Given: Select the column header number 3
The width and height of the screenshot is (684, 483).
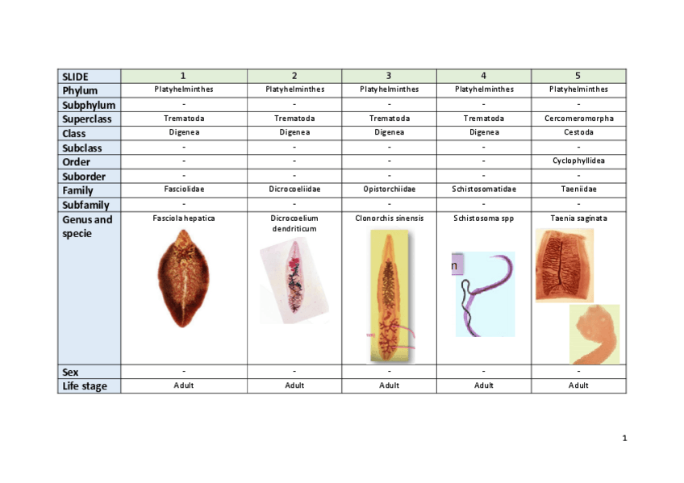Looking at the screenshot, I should click(x=389, y=76).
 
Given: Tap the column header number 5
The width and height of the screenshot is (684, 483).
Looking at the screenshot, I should click(x=578, y=76).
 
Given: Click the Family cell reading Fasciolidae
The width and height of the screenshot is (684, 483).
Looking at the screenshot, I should click(x=184, y=189).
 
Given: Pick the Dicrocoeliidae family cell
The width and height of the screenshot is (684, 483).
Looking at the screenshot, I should click(x=294, y=189).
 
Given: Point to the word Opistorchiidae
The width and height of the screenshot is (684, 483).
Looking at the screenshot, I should click(x=389, y=189).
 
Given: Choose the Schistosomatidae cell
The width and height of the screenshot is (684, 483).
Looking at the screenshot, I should click(x=483, y=189).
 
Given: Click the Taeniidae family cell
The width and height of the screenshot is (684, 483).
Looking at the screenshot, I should click(x=578, y=189).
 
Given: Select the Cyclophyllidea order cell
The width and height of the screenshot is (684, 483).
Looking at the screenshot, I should click(x=578, y=160).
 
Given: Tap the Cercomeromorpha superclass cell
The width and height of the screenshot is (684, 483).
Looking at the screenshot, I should click(x=578, y=119).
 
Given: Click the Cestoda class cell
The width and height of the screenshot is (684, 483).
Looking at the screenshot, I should click(x=578, y=132).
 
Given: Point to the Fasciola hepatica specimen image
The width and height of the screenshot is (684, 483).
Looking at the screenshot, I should click(x=183, y=277).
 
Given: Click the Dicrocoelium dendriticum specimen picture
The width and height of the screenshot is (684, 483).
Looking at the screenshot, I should click(x=294, y=285).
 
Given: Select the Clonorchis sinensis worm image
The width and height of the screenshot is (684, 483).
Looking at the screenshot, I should click(x=390, y=295).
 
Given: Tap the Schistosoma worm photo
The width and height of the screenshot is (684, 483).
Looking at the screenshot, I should click(x=485, y=293).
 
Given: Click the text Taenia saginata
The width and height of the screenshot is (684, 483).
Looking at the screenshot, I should click(x=578, y=218).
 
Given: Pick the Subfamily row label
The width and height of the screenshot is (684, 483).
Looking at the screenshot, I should click(x=85, y=205).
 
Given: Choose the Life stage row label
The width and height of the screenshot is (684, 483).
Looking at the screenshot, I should click(x=84, y=386).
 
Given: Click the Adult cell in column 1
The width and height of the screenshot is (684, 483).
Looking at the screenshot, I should click(x=184, y=385).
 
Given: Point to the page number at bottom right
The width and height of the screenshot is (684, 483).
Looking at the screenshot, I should click(x=624, y=439).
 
